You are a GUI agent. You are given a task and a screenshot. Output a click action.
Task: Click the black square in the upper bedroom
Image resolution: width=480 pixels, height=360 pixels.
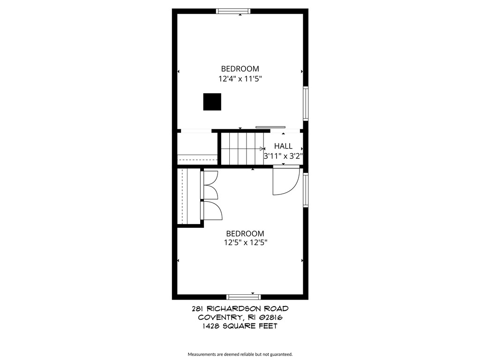click(212, 102)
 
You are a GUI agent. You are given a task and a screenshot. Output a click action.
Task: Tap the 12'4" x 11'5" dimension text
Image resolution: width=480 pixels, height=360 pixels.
click(240, 79)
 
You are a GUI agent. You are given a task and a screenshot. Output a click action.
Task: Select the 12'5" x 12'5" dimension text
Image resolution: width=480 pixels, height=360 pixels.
click(246, 243)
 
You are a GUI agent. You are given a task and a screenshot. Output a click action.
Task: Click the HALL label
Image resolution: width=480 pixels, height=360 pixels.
click(283, 146)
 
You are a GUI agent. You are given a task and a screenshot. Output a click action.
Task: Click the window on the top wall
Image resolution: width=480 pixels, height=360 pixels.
click(233, 11)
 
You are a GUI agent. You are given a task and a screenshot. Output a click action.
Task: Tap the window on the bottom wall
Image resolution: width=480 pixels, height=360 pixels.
click(243, 297)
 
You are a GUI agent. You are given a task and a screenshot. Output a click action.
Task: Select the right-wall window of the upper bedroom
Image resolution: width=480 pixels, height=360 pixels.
click(306, 103)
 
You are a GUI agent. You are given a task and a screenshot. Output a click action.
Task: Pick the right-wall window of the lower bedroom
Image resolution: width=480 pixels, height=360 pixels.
click(306, 190)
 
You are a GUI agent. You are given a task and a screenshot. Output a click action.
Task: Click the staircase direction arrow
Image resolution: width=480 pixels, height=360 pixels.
click(262, 149)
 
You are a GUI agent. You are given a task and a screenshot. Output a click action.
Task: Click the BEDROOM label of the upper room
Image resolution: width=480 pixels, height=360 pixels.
click(240, 69)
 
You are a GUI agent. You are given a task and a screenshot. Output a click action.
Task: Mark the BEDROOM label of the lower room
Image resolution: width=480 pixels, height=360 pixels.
click(245, 233)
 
